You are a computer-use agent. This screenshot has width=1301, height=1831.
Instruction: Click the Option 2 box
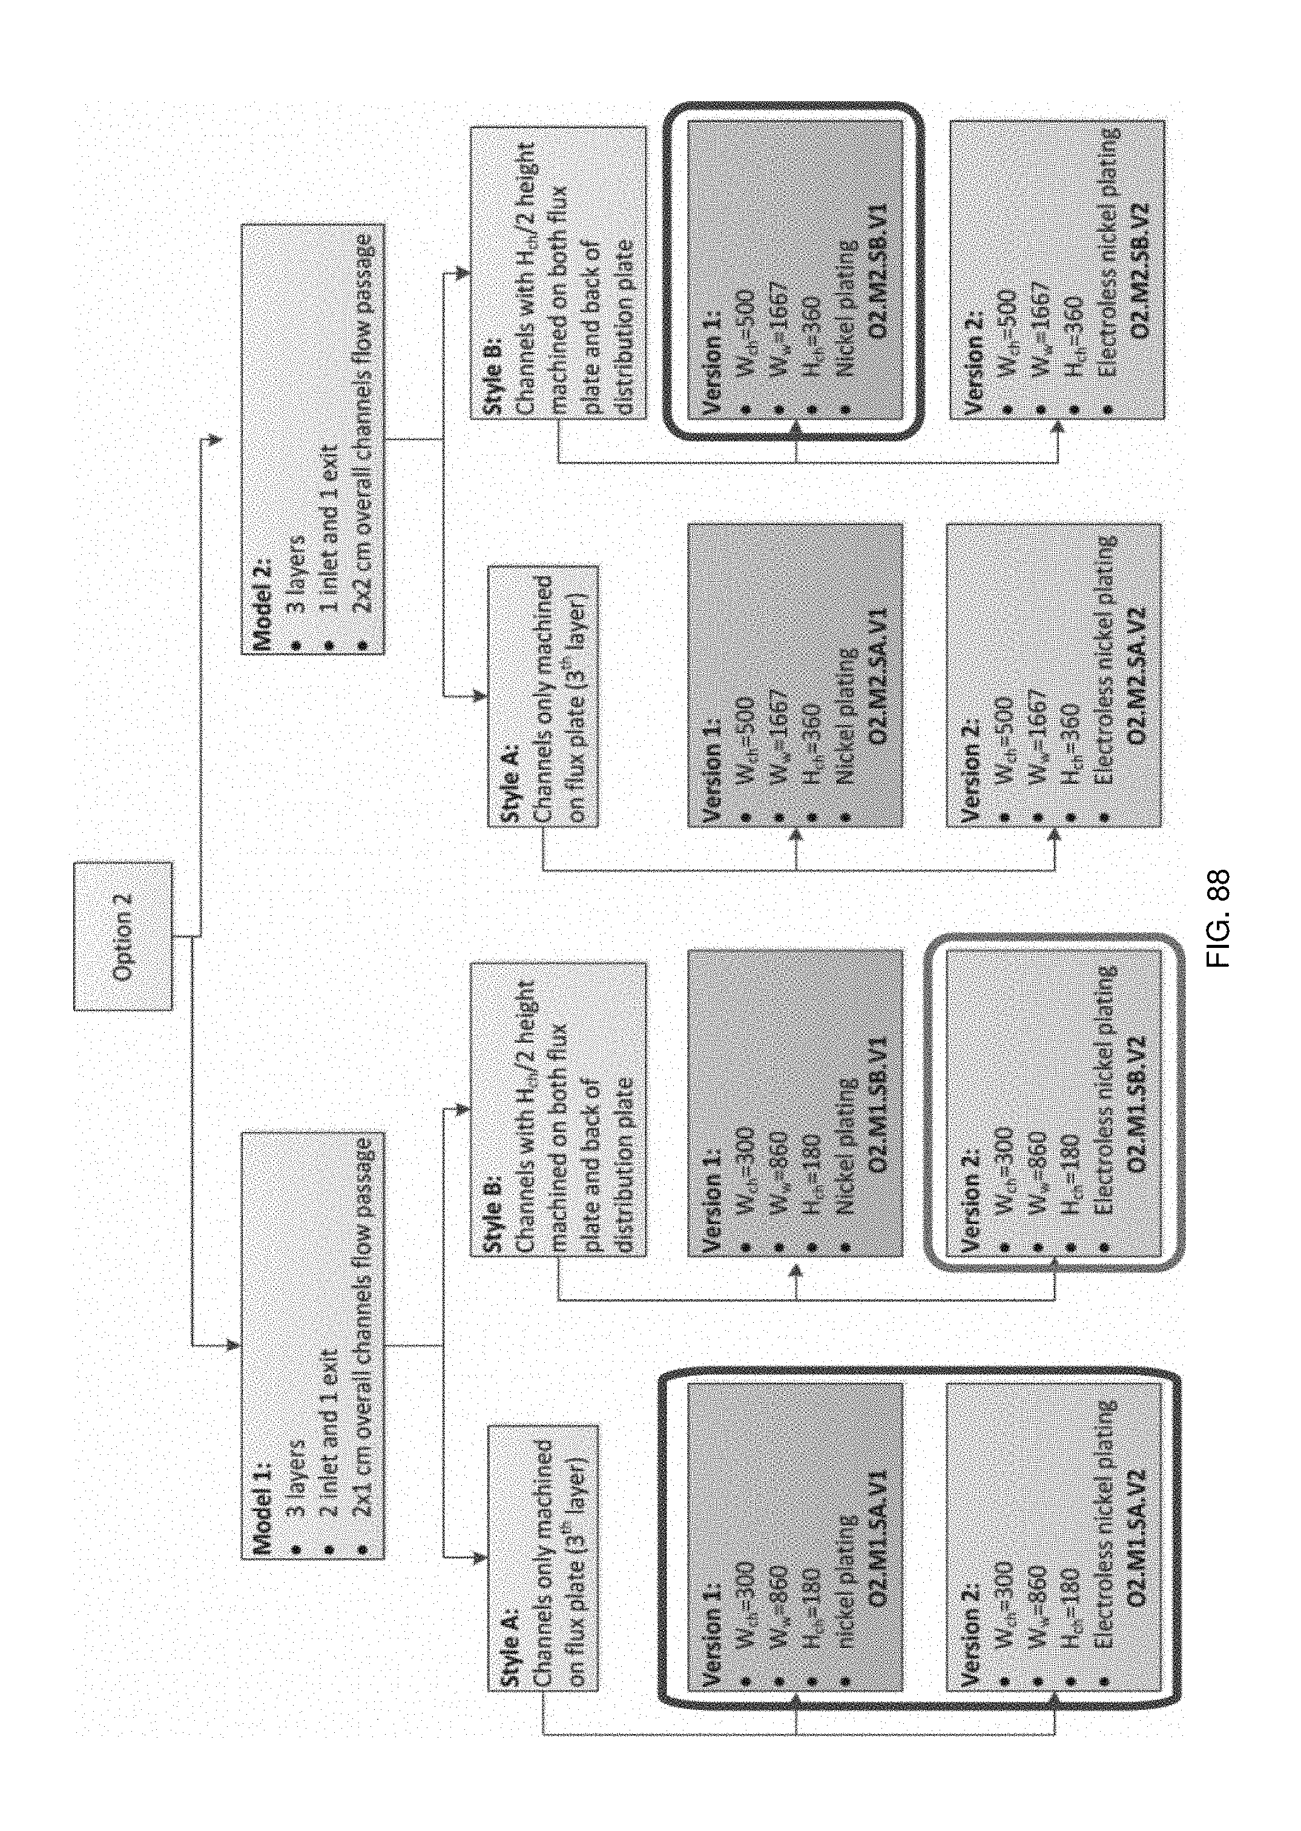[122, 935]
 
